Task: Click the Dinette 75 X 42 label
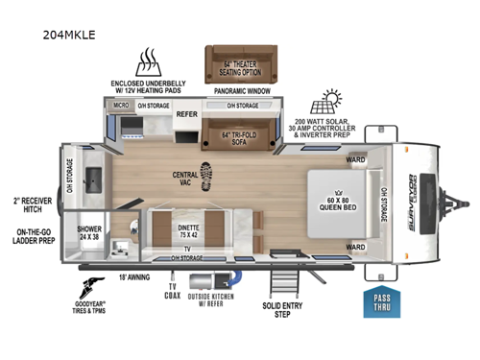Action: coord(188,228)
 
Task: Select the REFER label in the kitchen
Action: coord(186,112)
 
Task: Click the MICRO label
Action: coord(122,105)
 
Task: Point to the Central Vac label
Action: coord(185,178)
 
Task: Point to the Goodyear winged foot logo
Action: coord(97,285)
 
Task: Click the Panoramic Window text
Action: coord(235,92)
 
